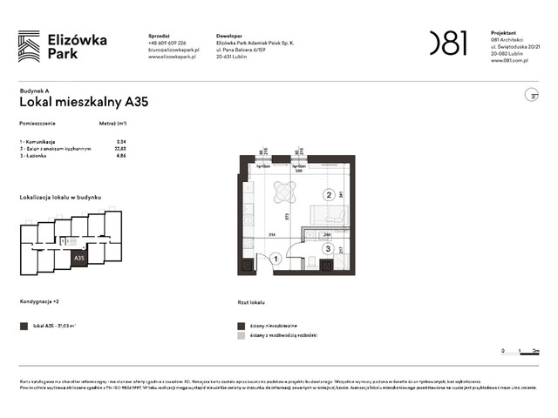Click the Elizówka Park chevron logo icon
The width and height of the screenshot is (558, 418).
tap(29, 44)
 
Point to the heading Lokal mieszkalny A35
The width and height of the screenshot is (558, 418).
tap(84, 102)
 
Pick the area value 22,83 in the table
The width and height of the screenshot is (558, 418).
tap(120, 148)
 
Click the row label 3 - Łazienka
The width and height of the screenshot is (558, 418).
tap(38, 155)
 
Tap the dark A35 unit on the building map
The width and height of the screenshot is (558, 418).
tap(79, 258)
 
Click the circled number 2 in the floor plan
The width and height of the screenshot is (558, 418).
tap(329, 195)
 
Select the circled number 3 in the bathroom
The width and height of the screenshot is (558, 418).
tap(327, 249)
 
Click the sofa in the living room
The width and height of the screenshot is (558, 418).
tap(334, 214)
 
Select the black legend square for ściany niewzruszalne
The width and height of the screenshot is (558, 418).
tap(242, 325)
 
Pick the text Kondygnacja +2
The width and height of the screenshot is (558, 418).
tap(41, 302)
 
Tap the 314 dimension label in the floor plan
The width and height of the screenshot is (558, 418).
tap(271, 235)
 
